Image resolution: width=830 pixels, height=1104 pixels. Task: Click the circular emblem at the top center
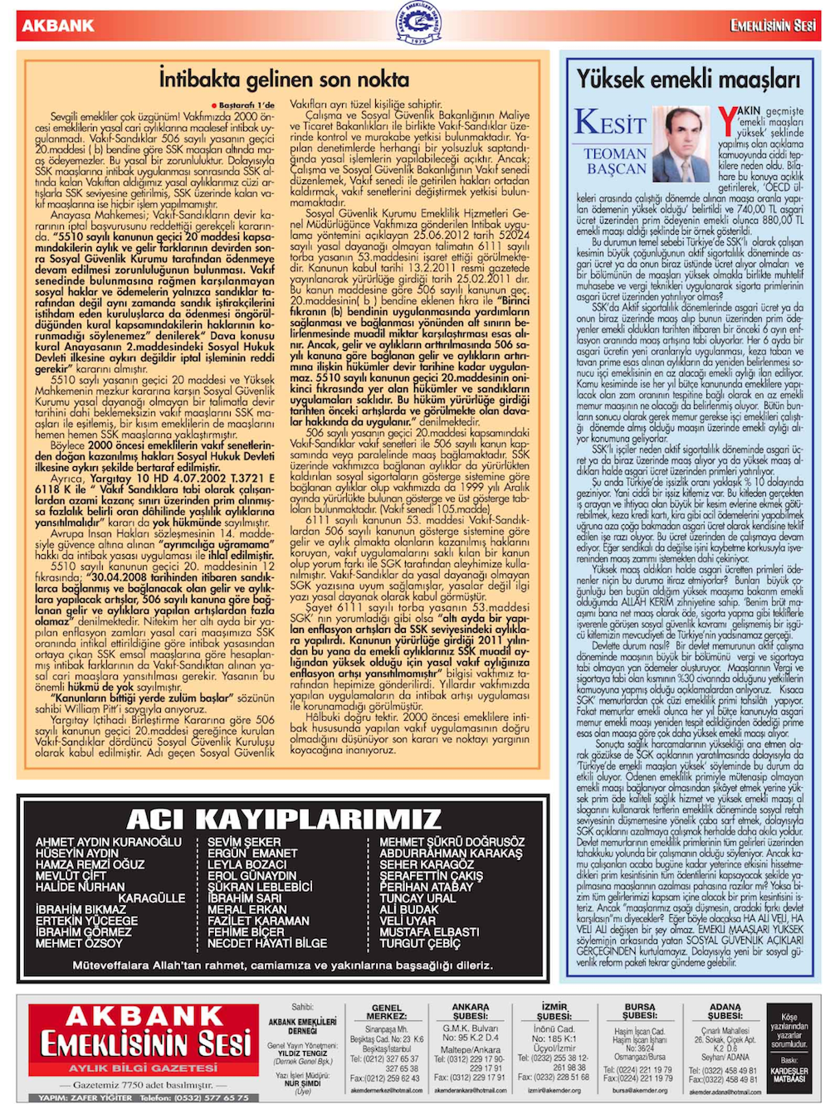pyautogui.click(x=417, y=24)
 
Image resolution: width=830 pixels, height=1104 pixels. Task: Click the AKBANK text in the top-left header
pyautogui.click(x=58, y=26)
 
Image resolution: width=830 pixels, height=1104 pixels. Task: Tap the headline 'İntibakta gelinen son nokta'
pyautogui.click(x=284, y=80)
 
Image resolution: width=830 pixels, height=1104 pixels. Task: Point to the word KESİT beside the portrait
pyautogui.click(x=610, y=123)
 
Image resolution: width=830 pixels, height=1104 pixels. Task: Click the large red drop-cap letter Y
pyautogui.click(x=727, y=122)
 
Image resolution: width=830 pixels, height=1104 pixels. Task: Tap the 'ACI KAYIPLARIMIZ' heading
pyautogui.click(x=283, y=819)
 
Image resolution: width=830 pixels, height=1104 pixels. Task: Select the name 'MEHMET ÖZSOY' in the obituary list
pyautogui.click(x=79, y=943)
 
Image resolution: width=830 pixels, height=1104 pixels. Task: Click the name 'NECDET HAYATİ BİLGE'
pyautogui.click(x=266, y=943)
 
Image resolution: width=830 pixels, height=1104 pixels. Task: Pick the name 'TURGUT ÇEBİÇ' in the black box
pyautogui.click(x=420, y=943)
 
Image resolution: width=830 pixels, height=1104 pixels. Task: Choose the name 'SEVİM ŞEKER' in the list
pyautogui.click(x=244, y=841)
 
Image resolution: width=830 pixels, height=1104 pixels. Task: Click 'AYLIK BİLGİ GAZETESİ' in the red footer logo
pyautogui.click(x=143, y=1068)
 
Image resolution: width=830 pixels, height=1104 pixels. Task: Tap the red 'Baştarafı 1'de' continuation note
pyautogui.click(x=247, y=105)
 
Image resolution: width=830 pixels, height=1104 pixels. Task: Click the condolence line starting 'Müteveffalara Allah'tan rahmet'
pyautogui.click(x=282, y=965)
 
